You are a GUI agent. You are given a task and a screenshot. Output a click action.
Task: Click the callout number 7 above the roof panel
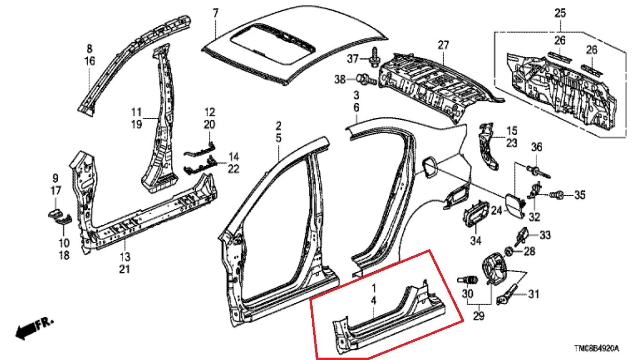215,13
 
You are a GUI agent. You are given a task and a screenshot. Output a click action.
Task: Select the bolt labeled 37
375,57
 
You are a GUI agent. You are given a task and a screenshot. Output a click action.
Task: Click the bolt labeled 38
366,79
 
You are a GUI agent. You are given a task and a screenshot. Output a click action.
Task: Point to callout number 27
443,45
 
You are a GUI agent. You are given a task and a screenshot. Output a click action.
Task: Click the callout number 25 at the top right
560,13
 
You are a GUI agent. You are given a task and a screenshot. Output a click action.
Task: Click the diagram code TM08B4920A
596,348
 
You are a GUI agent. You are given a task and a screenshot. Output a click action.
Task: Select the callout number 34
476,241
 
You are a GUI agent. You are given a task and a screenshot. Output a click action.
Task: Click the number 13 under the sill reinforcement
125,257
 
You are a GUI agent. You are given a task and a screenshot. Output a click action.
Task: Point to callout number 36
537,147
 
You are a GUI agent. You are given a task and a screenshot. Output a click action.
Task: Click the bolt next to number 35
556,195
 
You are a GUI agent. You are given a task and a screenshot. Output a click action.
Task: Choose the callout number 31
533,294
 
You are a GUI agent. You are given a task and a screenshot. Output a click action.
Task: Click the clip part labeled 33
522,236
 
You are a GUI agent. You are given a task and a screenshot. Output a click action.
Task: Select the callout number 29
478,315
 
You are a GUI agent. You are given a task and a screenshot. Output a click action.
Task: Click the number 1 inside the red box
374,288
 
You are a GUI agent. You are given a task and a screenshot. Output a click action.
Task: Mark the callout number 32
534,217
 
